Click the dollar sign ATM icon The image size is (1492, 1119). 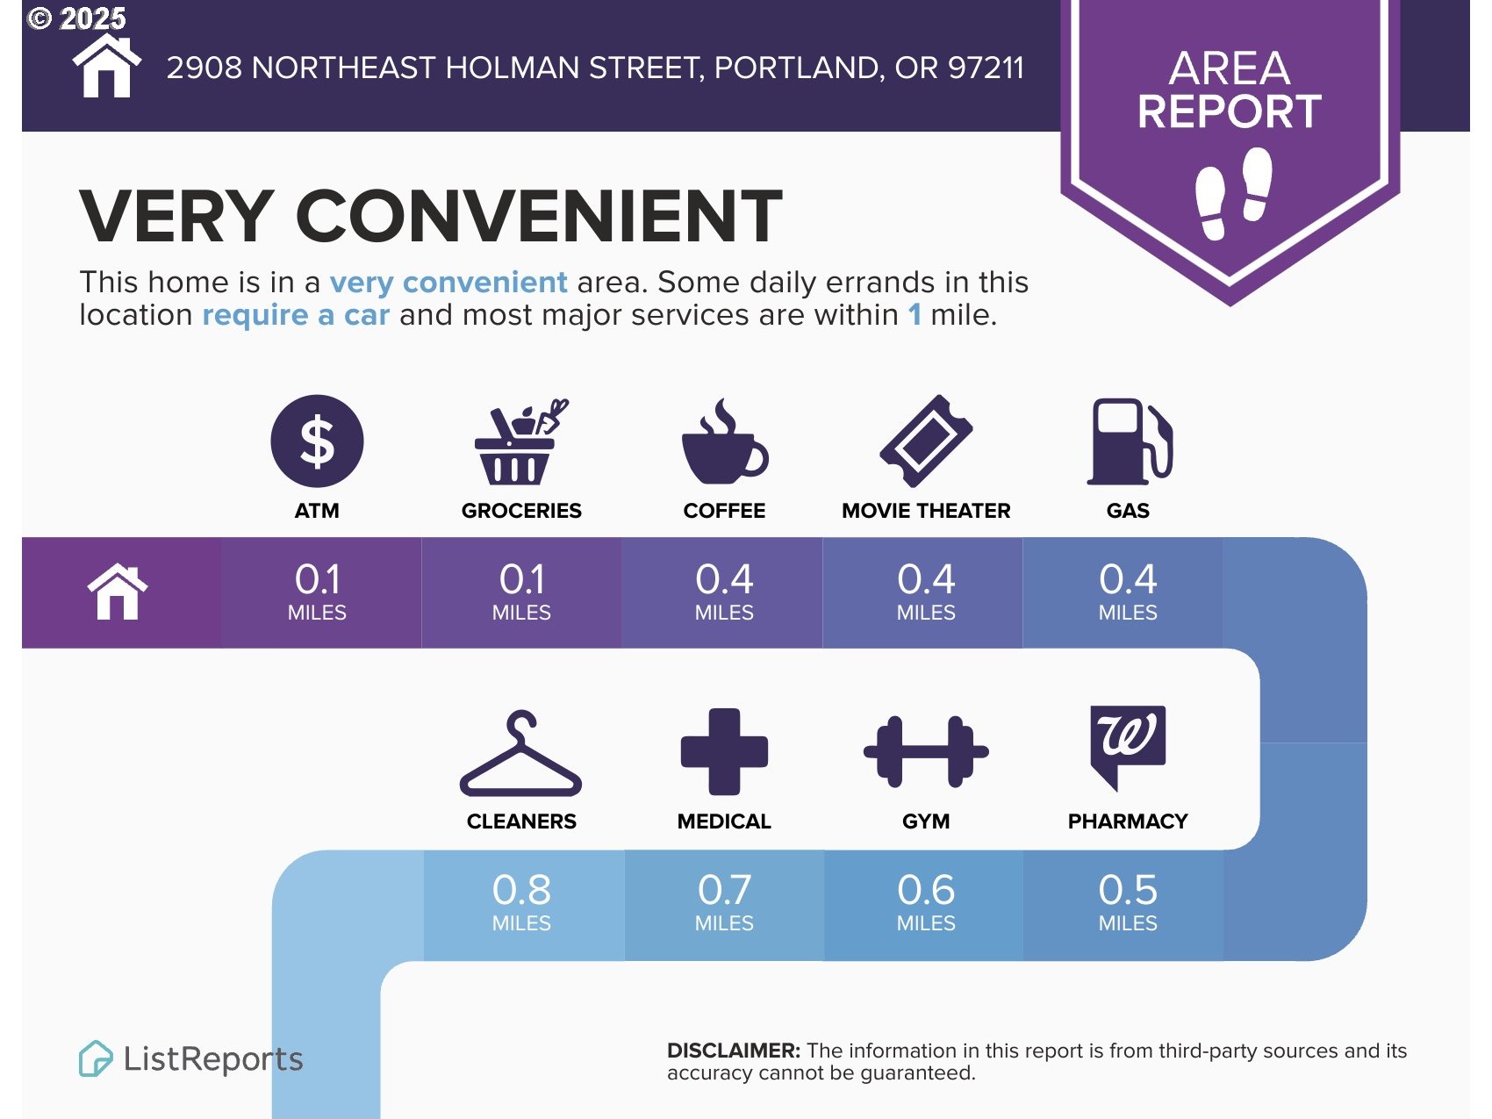(317, 441)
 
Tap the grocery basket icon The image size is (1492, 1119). (520, 442)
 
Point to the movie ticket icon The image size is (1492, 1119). (926, 441)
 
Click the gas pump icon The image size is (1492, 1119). (1130, 441)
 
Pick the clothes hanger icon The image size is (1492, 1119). (521, 753)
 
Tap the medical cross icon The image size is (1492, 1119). (724, 751)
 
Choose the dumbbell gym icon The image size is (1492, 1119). (926, 751)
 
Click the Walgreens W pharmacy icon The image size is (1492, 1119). (1128, 746)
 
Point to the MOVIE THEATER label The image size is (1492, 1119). (926, 511)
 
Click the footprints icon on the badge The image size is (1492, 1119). (1234, 193)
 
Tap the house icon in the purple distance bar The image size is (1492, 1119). (118, 592)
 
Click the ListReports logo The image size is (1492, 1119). (191, 1058)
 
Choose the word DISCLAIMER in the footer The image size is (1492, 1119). (734, 1051)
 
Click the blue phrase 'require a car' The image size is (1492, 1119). (296, 315)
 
